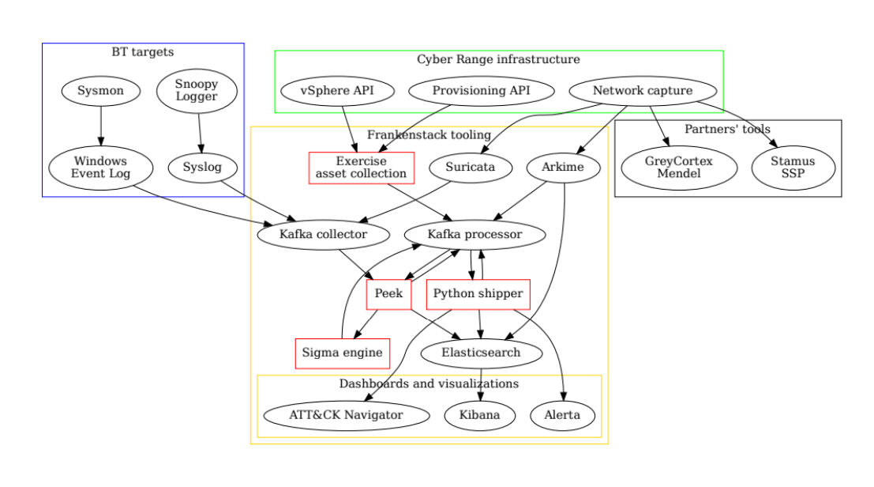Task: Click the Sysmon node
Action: pos(101,91)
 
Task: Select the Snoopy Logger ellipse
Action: pos(197,91)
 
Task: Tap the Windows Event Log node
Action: pos(100,168)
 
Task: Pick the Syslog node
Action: pos(202,168)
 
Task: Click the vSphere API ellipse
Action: pos(337,91)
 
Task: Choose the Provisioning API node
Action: pos(481,91)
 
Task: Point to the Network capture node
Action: pos(642,91)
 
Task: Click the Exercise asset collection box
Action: pos(361,168)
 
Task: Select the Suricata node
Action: pos(470,168)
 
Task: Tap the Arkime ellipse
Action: pos(564,168)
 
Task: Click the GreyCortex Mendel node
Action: pos(679,168)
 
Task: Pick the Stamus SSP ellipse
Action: pos(793,168)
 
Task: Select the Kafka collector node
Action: pos(323,235)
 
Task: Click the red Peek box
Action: pos(388,294)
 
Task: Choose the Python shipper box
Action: pos(478,294)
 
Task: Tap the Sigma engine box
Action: pos(343,353)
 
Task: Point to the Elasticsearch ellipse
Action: pos(482,353)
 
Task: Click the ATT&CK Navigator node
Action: pos(346,415)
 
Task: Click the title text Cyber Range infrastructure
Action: pos(498,59)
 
